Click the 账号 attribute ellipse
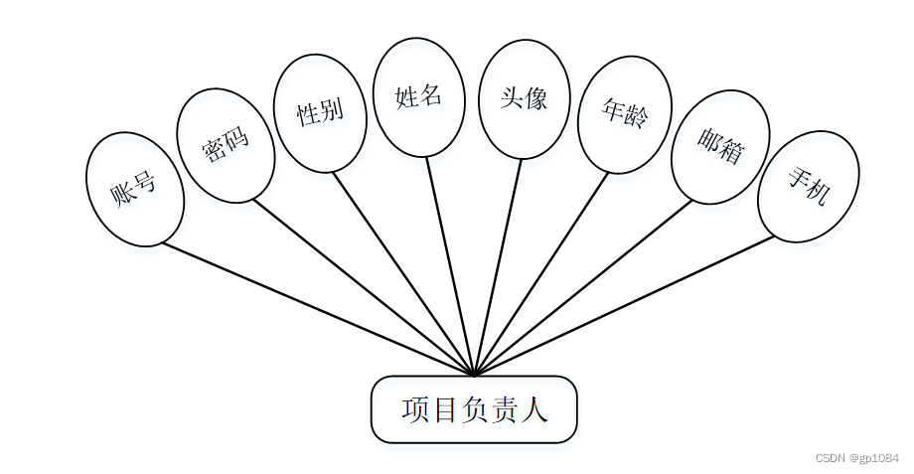coord(135,189)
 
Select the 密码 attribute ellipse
coord(226,145)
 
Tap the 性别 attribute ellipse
coord(320,112)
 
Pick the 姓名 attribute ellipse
coord(418,97)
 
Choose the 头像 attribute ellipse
coord(524,98)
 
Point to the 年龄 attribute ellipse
coord(624,114)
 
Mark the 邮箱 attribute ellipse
coord(720,147)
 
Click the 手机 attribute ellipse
coord(808,186)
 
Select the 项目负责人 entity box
coord(474,409)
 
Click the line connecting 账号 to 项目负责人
coord(318,309)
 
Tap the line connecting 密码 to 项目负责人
coord(364,287)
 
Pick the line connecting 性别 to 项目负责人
coord(403,273)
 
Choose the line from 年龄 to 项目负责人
coord(541,273)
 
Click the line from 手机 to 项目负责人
coord(626,305)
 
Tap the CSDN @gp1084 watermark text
coord(856,458)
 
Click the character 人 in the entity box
coord(534,409)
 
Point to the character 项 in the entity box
coord(415,409)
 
